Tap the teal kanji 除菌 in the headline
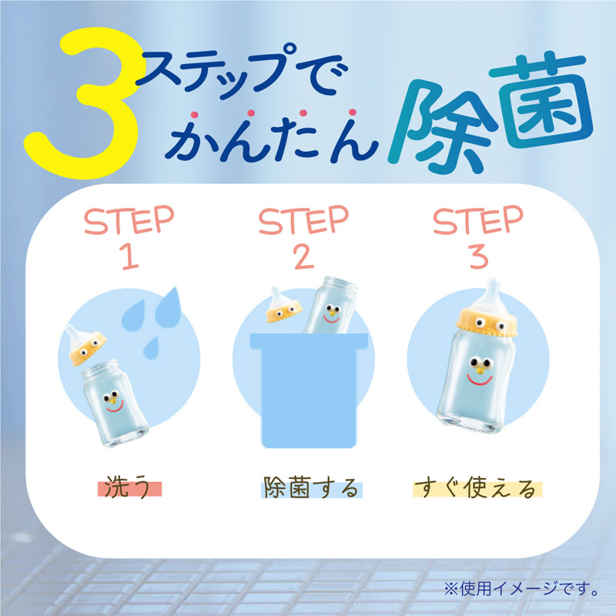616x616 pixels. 491,114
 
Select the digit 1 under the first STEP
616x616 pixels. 130,256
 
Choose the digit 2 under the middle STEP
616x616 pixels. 304,256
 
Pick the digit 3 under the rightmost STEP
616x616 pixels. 478,256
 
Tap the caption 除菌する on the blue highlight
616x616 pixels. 311,488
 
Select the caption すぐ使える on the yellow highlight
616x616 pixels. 475,488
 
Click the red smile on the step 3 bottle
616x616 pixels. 479,380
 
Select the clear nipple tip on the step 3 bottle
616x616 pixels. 491,289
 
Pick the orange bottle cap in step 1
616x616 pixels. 87,350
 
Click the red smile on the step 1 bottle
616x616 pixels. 115,407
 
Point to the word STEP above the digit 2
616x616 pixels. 303,219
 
